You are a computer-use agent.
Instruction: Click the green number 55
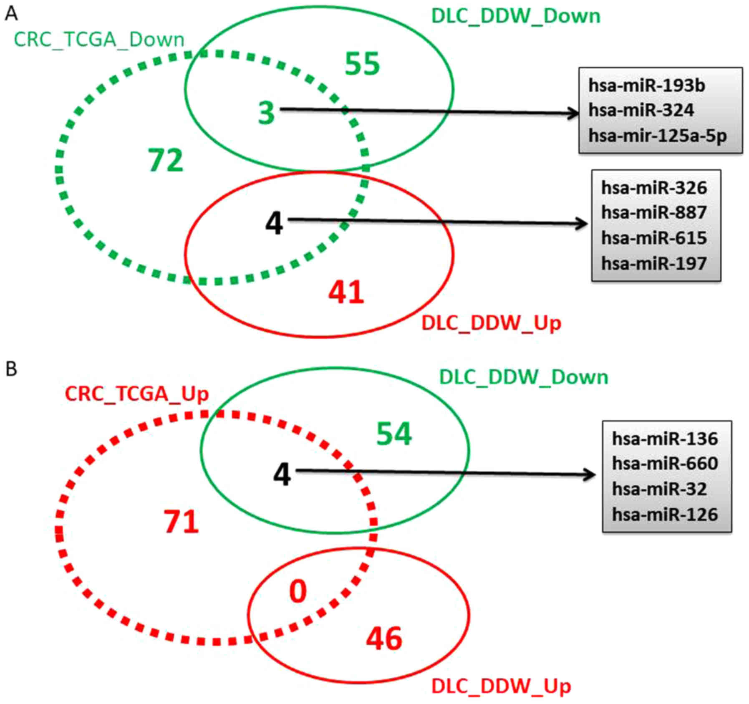362,64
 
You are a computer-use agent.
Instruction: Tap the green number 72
166,160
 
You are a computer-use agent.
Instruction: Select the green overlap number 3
266,113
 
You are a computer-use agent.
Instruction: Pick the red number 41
346,292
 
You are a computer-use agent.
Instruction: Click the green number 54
394,434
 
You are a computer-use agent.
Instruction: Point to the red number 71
181,522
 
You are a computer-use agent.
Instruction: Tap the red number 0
298,591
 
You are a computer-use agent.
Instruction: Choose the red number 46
384,639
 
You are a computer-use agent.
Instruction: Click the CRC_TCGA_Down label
99,40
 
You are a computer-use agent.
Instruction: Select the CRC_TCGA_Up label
136,394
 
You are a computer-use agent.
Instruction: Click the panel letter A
11,13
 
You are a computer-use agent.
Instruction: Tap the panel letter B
11,369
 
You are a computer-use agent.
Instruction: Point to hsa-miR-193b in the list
646,86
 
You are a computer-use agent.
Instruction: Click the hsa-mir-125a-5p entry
658,136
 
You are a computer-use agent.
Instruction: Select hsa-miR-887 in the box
654,212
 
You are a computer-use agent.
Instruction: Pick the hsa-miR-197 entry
654,263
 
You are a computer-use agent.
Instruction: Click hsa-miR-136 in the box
665,439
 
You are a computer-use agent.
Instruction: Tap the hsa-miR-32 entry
659,489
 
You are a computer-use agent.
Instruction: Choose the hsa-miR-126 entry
665,515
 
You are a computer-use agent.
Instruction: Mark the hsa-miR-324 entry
641,111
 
